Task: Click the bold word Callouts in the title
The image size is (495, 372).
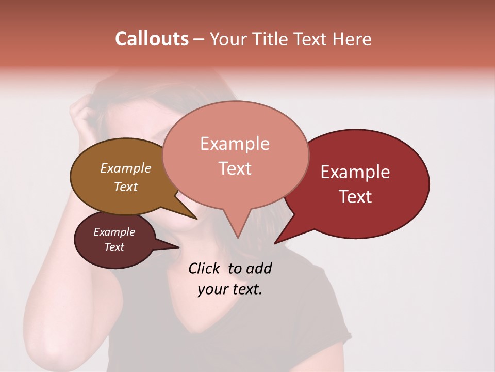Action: tap(152, 39)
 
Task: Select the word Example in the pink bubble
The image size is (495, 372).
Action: tap(235, 144)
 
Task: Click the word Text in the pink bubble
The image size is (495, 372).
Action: tap(235, 168)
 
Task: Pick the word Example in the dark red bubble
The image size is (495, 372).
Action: tap(355, 172)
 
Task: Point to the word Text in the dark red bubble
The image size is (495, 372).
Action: tap(355, 197)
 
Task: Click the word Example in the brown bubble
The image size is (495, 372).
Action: tap(125, 168)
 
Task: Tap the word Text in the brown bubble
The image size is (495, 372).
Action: tap(125, 187)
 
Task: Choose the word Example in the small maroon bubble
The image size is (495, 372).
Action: tap(114, 232)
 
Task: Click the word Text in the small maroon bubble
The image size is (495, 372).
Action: tap(114, 247)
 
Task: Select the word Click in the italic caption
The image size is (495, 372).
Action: tap(204, 268)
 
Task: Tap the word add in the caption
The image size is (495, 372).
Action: tap(259, 268)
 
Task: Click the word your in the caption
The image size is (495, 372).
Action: tap(211, 289)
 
